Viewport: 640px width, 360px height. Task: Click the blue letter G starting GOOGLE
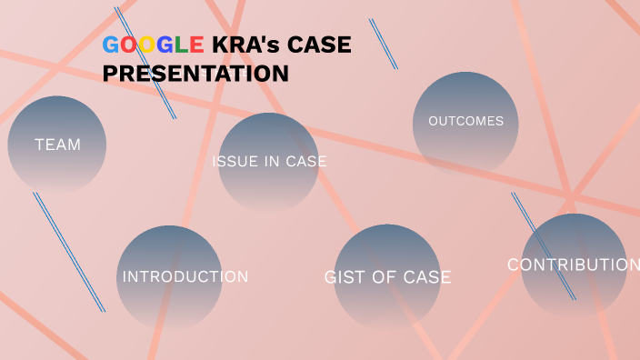pos(111,45)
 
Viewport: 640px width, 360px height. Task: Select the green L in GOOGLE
pos(180,45)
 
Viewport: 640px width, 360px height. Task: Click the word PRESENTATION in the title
pos(195,74)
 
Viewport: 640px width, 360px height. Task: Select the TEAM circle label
pos(57,145)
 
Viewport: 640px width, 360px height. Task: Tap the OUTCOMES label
pos(465,121)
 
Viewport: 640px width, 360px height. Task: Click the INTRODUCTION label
pos(185,276)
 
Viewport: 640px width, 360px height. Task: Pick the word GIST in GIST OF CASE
pos(344,277)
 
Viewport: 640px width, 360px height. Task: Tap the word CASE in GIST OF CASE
pos(427,277)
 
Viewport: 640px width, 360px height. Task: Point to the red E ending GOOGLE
pos(195,45)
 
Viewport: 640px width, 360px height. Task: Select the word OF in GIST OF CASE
pos(385,277)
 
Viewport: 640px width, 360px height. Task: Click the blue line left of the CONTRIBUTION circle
pos(543,245)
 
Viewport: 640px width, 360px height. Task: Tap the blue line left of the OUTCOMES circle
pos(383,44)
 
